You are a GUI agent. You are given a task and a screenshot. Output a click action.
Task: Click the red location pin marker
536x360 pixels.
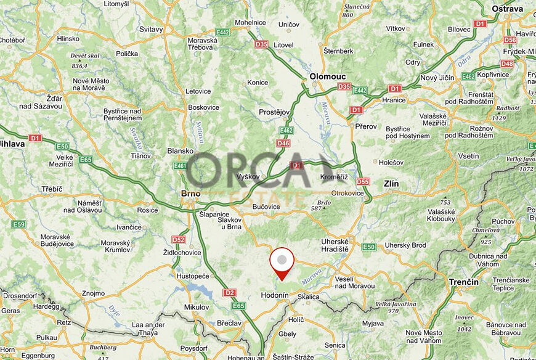[x=282, y=261]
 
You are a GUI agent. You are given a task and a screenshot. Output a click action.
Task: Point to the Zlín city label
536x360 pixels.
[x=391, y=184]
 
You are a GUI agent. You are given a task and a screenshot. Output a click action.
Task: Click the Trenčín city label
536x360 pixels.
[x=464, y=282]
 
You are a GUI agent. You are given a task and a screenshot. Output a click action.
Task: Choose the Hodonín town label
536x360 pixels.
[x=275, y=295]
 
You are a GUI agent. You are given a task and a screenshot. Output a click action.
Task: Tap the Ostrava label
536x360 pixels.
[x=508, y=9]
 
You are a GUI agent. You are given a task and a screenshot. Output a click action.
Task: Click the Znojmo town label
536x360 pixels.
[x=93, y=293]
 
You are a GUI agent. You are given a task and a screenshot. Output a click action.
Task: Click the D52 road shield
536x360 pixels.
[x=179, y=239]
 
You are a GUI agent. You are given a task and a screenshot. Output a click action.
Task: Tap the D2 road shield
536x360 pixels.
[x=230, y=292]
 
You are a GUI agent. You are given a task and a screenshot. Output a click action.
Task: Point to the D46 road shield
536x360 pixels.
[x=283, y=143]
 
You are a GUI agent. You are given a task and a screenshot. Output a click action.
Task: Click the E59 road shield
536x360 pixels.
[x=18, y=224]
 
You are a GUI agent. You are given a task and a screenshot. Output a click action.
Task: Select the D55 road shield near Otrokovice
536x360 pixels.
[x=363, y=181]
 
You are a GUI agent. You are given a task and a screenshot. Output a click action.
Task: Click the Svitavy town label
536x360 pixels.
[x=151, y=29]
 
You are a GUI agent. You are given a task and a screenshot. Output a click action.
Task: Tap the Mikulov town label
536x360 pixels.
[x=197, y=306]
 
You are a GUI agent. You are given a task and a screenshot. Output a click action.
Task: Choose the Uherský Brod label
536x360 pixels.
[x=405, y=245]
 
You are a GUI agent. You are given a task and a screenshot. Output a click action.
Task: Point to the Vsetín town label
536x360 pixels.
[x=468, y=156]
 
